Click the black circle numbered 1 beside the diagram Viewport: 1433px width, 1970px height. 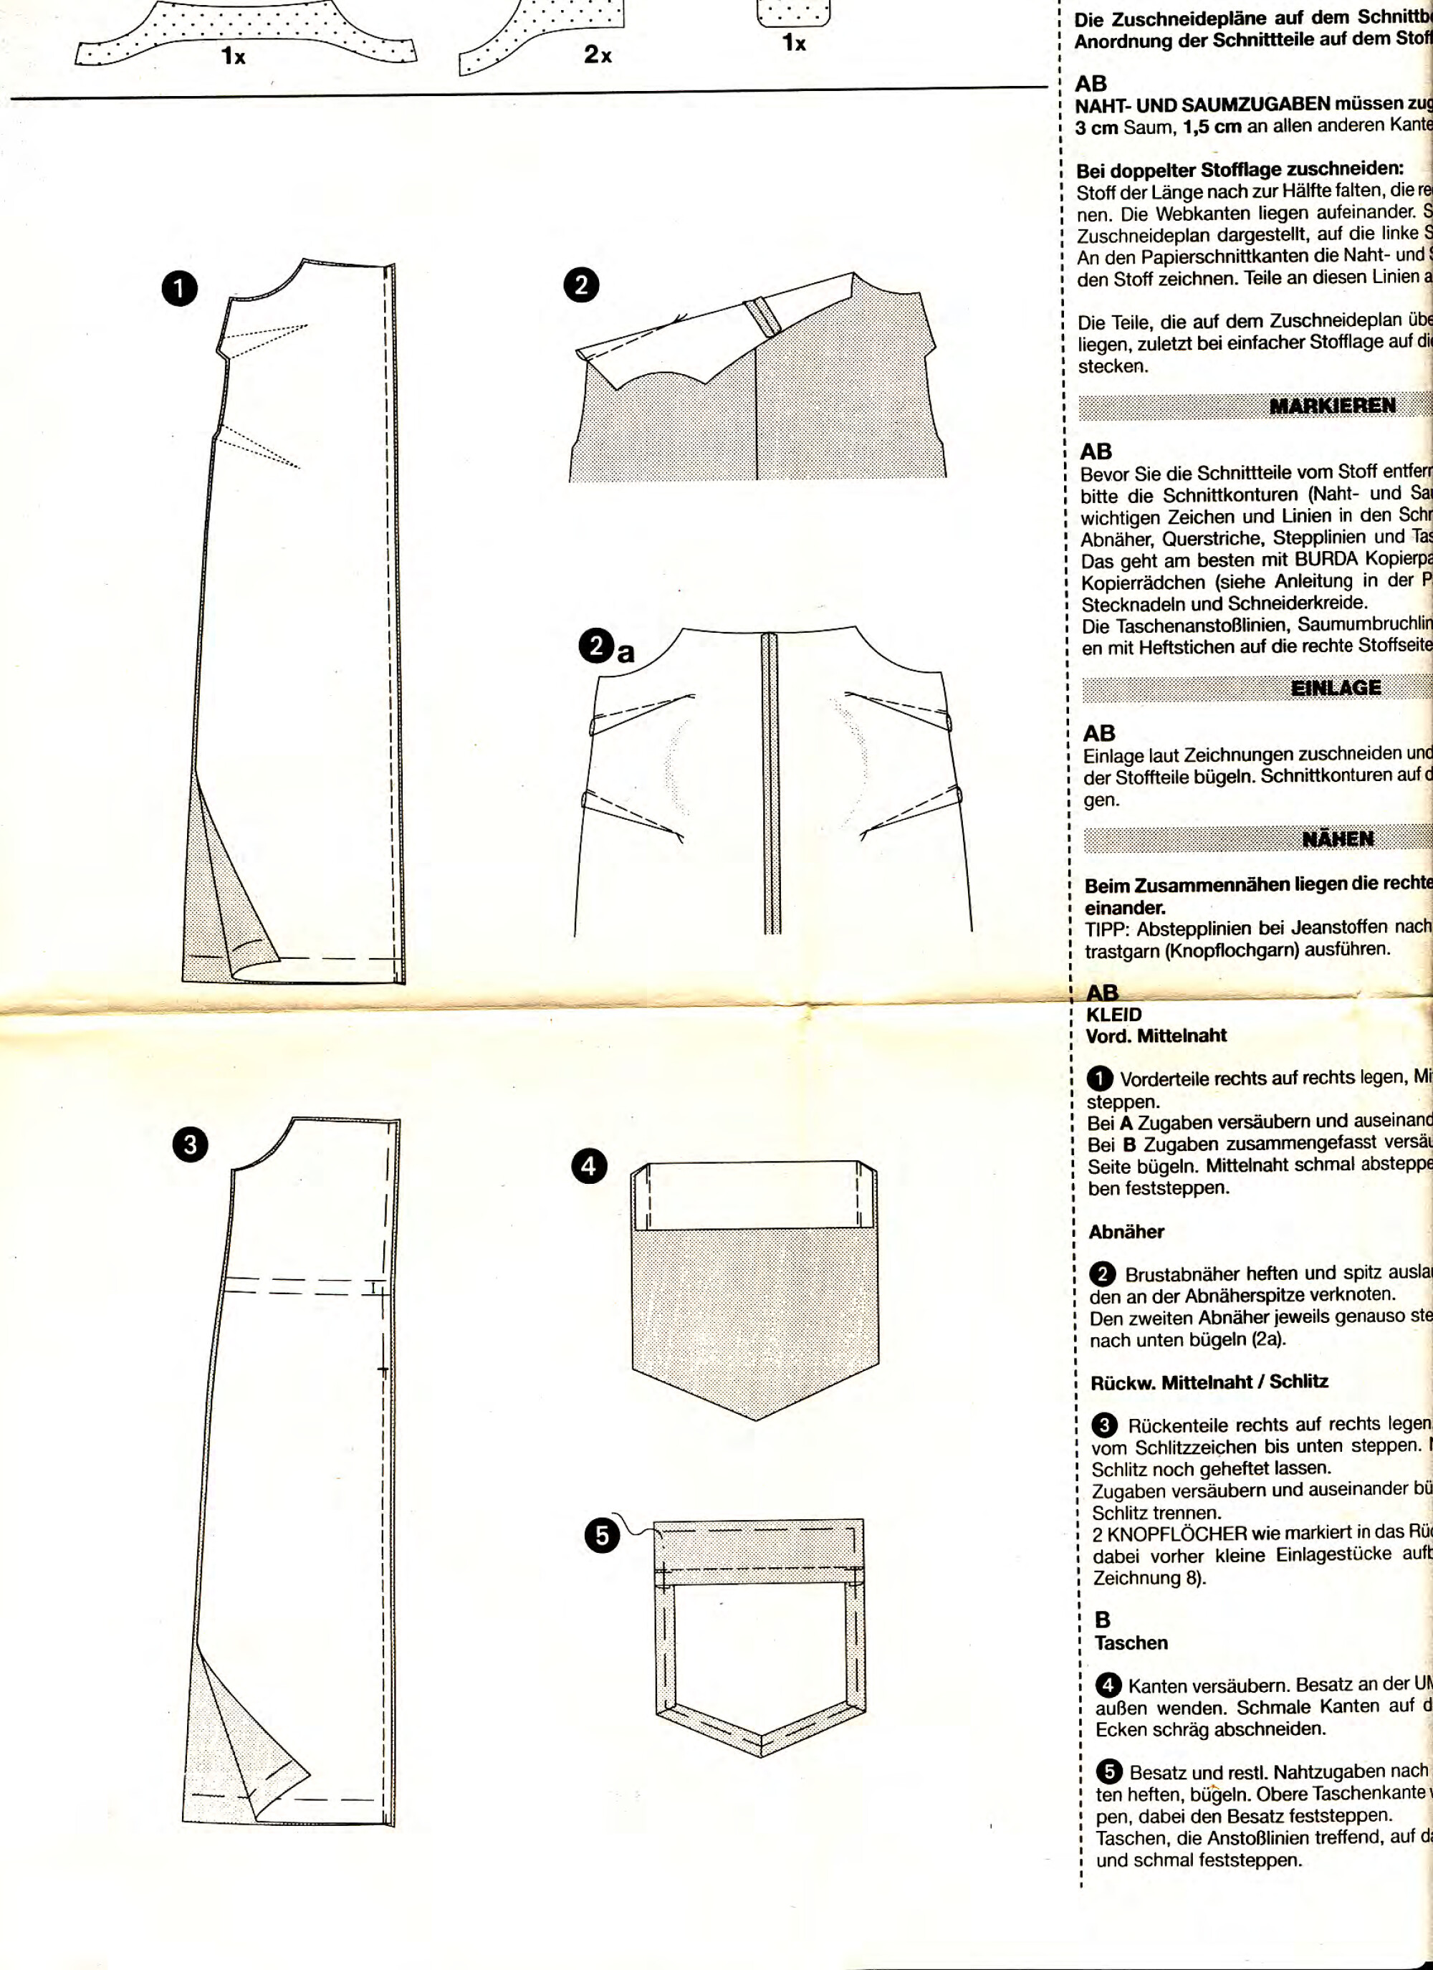pos(179,290)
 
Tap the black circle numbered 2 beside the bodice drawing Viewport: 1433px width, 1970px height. pos(581,285)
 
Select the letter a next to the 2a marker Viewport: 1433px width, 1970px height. pos(626,652)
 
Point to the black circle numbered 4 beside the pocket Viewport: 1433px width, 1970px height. pos(589,1190)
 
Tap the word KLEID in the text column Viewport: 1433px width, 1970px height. pos(1113,1015)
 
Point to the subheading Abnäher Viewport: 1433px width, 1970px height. pos(1126,1232)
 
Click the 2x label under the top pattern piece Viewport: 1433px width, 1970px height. pos(598,54)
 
